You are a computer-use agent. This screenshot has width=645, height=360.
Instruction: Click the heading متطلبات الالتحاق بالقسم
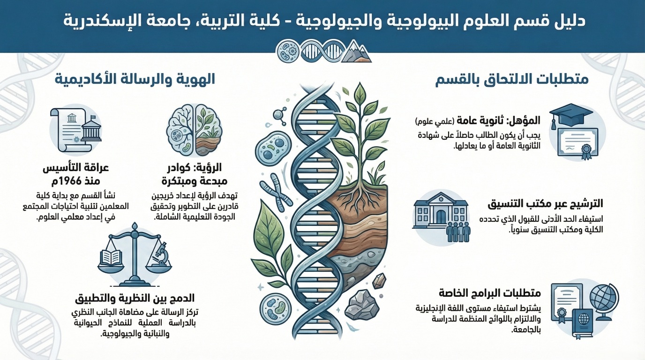(512, 79)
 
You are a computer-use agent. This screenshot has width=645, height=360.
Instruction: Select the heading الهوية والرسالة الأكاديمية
(135, 79)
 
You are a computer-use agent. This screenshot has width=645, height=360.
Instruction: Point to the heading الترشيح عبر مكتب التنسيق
(545, 204)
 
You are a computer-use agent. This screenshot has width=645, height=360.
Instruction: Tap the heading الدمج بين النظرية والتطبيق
(135, 299)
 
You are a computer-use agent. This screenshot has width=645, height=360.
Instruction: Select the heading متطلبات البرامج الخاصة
(490, 293)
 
